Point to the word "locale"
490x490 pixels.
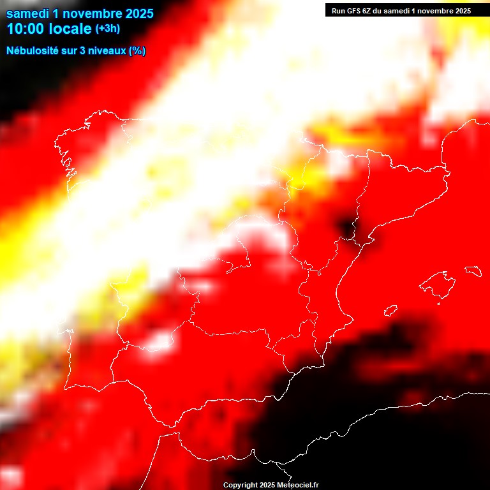72,29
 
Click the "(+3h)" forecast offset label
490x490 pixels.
107,29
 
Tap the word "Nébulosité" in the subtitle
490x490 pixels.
32,50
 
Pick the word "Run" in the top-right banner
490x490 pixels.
338,10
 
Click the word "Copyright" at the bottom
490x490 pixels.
240,486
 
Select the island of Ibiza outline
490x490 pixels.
390,311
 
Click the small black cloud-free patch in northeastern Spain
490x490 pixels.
348,226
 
